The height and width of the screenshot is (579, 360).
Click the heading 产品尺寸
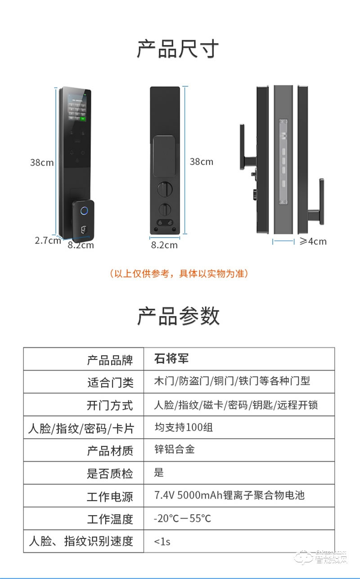[178, 49]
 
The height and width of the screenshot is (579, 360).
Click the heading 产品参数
[178, 316]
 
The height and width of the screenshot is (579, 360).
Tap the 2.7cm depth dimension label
[48, 240]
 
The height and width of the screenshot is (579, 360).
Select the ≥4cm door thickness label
[313, 241]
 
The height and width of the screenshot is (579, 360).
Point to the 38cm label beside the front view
[42, 162]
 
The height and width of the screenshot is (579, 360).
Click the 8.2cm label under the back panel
[164, 245]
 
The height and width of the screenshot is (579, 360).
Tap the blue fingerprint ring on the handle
[84, 211]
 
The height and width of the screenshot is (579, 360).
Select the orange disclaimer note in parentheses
[179, 274]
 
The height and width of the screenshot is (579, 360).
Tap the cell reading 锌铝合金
[174, 449]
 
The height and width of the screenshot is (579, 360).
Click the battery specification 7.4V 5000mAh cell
[229, 495]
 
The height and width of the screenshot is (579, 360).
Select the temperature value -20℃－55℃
[182, 518]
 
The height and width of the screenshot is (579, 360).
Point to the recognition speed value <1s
[162, 541]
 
